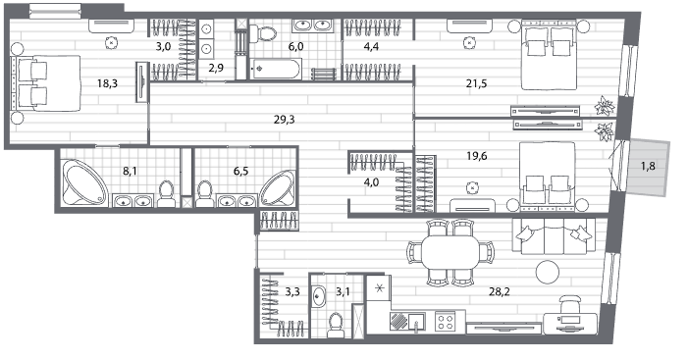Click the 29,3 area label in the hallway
(x=284, y=120)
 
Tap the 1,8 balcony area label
(x=648, y=166)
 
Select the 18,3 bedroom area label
(x=107, y=83)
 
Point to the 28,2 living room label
(x=500, y=291)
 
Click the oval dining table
(x=450, y=253)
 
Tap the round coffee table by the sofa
(x=547, y=272)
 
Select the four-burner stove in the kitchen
(x=444, y=322)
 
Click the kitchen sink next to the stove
(x=416, y=322)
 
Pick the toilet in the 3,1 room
(x=336, y=325)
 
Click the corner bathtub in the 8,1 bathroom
(x=83, y=182)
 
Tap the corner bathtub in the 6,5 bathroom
(x=278, y=187)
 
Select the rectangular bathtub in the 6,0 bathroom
(x=276, y=70)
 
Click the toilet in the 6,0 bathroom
(x=263, y=33)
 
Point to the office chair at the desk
(x=570, y=307)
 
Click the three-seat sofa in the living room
(x=554, y=235)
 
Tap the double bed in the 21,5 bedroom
(x=549, y=54)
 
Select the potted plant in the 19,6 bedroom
(x=604, y=131)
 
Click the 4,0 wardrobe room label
(x=371, y=182)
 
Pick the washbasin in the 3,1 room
(x=319, y=297)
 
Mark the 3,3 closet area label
(x=292, y=291)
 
